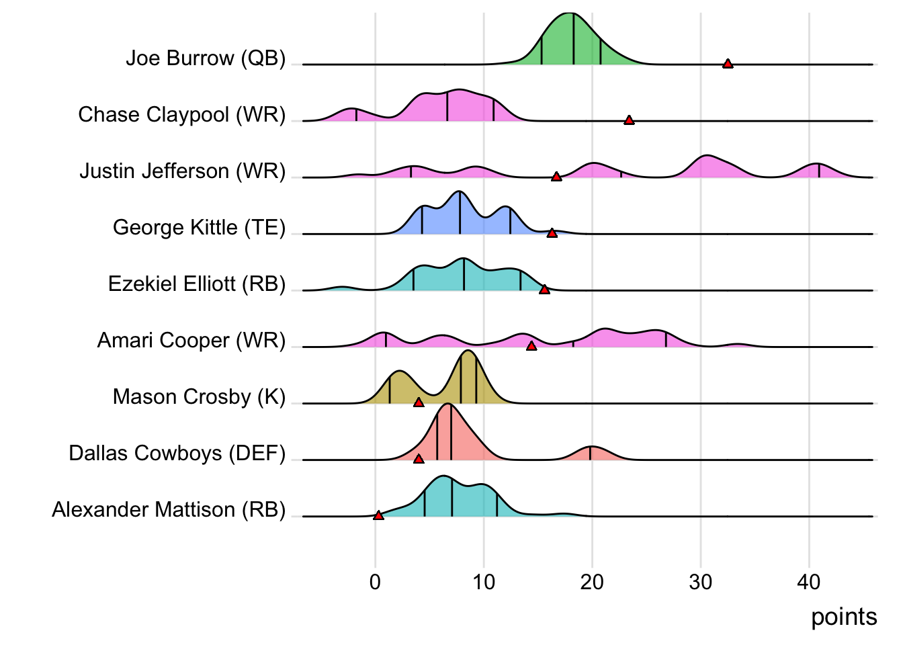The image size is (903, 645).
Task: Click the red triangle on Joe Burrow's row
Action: click(x=728, y=64)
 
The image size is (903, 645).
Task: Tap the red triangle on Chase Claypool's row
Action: click(x=629, y=120)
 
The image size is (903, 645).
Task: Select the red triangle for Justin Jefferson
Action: click(x=556, y=177)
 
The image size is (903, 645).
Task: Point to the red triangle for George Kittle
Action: click(x=552, y=233)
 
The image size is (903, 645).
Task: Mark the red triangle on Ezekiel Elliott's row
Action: click(x=544, y=290)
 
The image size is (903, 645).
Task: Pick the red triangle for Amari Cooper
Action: click(x=531, y=346)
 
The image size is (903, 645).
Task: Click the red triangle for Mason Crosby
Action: click(x=419, y=402)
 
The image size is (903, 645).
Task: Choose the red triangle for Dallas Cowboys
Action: click(x=419, y=459)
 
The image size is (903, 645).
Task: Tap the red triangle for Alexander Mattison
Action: click(x=378, y=515)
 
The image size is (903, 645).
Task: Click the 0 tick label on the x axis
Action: click(x=375, y=582)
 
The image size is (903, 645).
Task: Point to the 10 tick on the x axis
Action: click(x=483, y=582)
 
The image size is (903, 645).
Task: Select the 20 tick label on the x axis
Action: click(x=592, y=582)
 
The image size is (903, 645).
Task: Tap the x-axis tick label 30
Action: click(x=700, y=582)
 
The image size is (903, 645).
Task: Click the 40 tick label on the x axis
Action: click(x=809, y=582)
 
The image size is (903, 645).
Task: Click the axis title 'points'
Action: click(x=844, y=617)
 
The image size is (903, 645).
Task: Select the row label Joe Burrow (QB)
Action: click(x=206, y=58)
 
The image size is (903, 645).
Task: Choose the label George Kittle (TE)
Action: click(x=199, y=228)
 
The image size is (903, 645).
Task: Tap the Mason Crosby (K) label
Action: click(x=199, y=397)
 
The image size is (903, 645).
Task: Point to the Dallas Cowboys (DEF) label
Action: click(x=177, y=454)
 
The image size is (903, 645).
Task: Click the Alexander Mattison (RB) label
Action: click(x=169, y=510)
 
